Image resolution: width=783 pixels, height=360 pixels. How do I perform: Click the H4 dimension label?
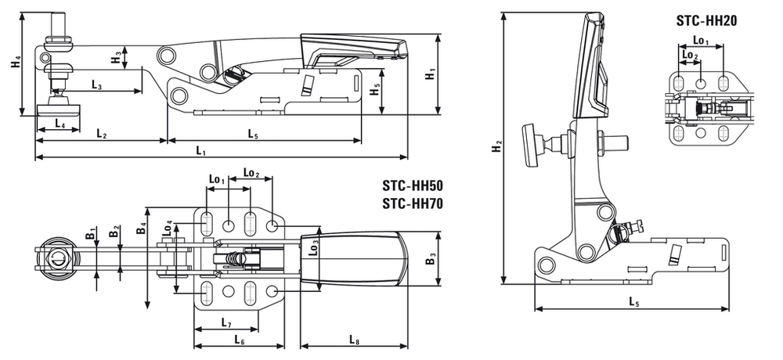(16, 64)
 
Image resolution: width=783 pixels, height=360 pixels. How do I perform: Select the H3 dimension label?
(116, 58)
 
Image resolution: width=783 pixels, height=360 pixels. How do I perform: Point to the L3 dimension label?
(96, 85)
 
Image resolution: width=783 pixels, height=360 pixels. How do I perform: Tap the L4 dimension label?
(60, 123)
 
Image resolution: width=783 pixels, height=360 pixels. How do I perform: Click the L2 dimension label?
(101, 133)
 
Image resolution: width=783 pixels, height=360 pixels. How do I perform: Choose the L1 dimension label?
(200, 150)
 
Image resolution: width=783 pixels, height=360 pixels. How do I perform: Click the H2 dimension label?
(496, 147)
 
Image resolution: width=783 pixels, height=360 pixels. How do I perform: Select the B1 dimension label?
(90, 234)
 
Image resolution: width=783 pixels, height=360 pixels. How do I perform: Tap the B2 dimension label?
(115, 232)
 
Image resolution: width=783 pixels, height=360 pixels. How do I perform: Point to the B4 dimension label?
(141, 229)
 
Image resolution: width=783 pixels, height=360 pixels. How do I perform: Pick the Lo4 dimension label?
(169, 228)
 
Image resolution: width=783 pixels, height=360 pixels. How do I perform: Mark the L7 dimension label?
(226, 322)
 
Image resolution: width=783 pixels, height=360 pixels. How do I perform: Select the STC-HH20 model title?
(706, 20)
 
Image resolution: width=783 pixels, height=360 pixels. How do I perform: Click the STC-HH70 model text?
(413, 203)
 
